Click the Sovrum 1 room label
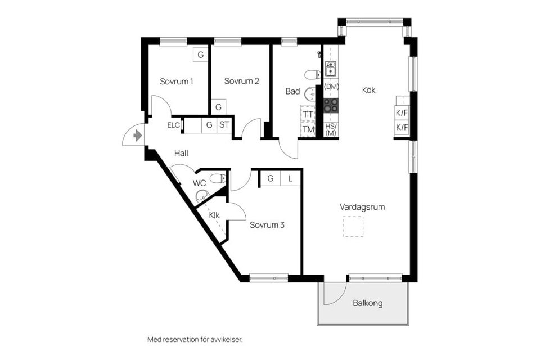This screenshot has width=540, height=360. [x=176, y=81]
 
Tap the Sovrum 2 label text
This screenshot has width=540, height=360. [x=241, y=81]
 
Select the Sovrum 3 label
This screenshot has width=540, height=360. [x=267, y=225]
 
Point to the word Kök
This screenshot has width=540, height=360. [x=368, y=90]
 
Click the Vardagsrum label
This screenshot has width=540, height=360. [x=362, y=207]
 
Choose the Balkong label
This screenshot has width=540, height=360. [x=368, y=303]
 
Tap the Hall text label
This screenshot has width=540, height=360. [x=181, y=153]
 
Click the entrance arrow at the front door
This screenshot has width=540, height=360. [x=137, y=136]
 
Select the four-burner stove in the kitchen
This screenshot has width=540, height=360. [x=331, y=105]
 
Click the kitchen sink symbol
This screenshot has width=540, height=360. [x=331, y=69]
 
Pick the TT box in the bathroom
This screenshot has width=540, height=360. [x=308, y=114]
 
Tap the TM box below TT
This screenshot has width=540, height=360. [x=308, y=129]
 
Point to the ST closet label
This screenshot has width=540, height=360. [x=224, y=125]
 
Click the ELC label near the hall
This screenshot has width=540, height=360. [x=174, y=125]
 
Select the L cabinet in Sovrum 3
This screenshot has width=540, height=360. [x=290, y=178]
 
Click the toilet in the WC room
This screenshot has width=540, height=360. [x=217, y=179]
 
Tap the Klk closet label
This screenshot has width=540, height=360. [x=214, y=215]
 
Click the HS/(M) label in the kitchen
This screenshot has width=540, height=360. [x=331, y=129]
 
